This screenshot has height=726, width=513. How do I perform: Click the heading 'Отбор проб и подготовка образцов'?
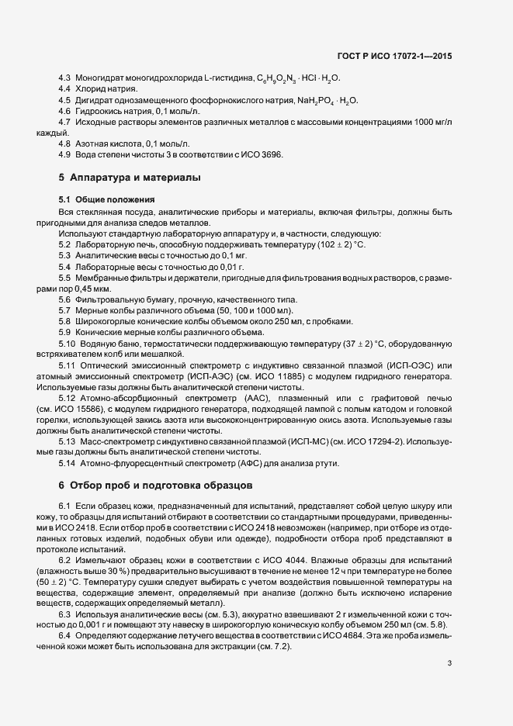[160, 486]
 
